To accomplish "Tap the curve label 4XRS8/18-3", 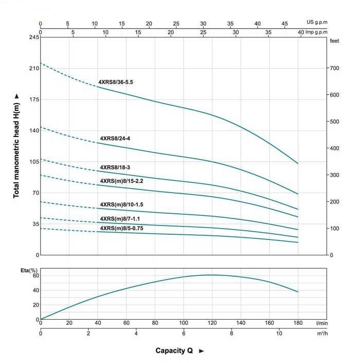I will (x=115, y=167).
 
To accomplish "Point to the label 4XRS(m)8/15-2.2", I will (x=121, y=181).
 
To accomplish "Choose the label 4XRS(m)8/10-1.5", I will (x=121, y=204).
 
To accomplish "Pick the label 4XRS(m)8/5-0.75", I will (x=121, y=228).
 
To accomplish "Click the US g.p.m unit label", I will (x=317, y=23).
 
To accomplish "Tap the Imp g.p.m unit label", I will (x=316, y=32).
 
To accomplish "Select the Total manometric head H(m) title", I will (x=16, y=147).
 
